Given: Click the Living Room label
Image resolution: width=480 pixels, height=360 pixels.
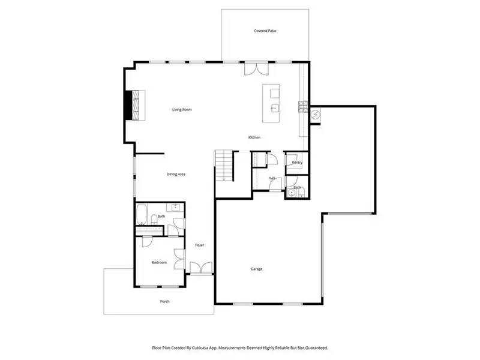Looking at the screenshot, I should [x=182, y=110].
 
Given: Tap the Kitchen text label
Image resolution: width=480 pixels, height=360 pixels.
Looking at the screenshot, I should [x=254, y=138].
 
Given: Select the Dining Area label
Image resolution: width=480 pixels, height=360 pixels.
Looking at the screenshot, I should [x=176, y=174].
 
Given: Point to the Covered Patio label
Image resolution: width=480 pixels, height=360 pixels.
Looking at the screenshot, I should [x=265, y=31].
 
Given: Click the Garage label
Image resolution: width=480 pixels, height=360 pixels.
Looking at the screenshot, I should [x=256, y=269].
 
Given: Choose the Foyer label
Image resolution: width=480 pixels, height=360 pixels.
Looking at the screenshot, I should [x=200, y=245].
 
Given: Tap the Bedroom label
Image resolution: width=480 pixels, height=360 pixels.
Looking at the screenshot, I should [x=158, y=263].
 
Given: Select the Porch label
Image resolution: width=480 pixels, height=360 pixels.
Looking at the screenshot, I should [x=164, y=301].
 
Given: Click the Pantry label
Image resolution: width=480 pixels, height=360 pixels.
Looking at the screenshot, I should [x=297, y=163].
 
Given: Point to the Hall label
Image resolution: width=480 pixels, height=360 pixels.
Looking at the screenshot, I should [x=271, y=178].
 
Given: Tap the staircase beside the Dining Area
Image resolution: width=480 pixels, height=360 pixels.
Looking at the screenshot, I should [x=224, y=166].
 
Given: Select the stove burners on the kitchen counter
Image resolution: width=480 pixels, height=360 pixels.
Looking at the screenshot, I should [x=303, y=107].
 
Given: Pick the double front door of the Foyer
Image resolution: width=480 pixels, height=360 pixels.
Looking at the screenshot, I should [x=200, y=268].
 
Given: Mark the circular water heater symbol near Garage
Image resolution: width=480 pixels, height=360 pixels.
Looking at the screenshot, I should [x=316, y=113].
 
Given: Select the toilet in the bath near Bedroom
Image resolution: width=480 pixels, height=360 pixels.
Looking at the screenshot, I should [x=154, y=220].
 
